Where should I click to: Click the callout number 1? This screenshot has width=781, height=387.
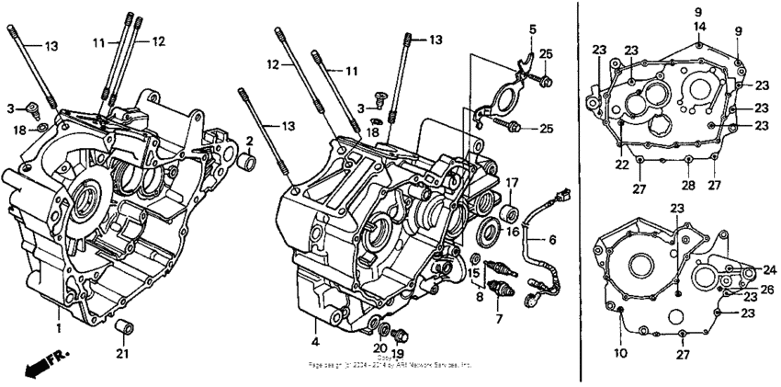tap(58, 327)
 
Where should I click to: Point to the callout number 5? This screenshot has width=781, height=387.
tap(532, 30)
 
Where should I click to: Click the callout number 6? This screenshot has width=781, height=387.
tap(553, 240)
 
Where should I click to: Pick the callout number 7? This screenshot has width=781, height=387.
tap(499, 319)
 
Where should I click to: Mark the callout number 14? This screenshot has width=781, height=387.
tap(699, 27)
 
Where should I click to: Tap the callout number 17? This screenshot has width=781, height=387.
tap(512, 182)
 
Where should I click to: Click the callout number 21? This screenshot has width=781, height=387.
tap(123, 355)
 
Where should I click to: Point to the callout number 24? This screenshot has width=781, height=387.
tap(769, 270)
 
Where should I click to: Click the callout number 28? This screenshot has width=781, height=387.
tap(686, 160)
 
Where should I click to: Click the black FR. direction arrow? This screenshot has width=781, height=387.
tap(38, 367)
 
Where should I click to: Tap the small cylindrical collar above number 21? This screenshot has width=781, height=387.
tap(120, 328)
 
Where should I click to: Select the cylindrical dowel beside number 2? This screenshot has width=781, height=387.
tap(246, 163)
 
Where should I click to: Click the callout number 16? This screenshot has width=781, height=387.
tap(512, 232)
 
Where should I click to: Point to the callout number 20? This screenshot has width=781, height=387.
tap(379, 347)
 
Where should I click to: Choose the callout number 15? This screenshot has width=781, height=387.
tap(474, 274)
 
